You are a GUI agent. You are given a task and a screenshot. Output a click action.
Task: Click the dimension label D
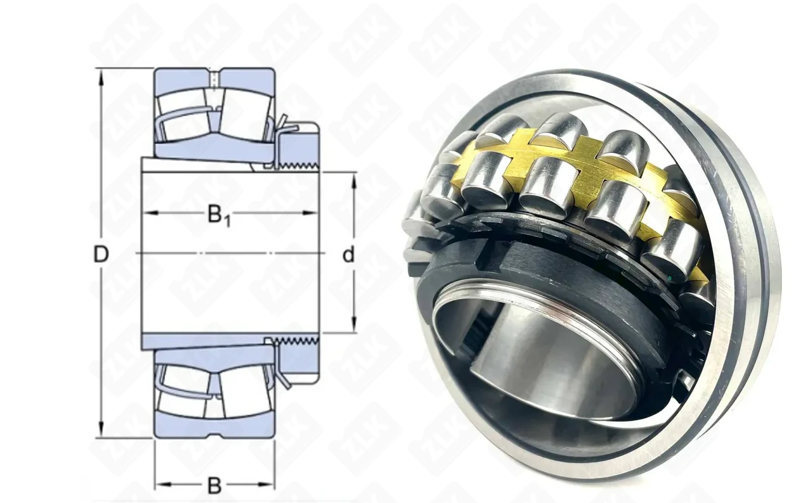coord(101,254)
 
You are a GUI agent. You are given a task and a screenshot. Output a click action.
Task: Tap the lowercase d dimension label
coord(348,254)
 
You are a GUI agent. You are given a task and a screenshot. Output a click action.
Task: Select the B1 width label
coord(218,215)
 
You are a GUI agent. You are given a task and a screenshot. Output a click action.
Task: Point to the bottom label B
coord(215,486)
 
